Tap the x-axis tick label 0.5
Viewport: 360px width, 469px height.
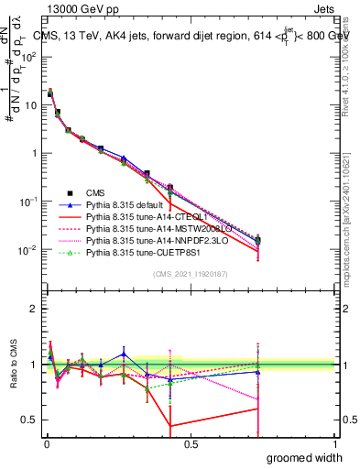tap(191, 443)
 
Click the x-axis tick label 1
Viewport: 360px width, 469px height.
tap(334, 443)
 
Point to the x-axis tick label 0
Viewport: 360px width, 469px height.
tap(46, 443)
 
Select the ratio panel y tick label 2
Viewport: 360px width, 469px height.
tap(34, 307)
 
